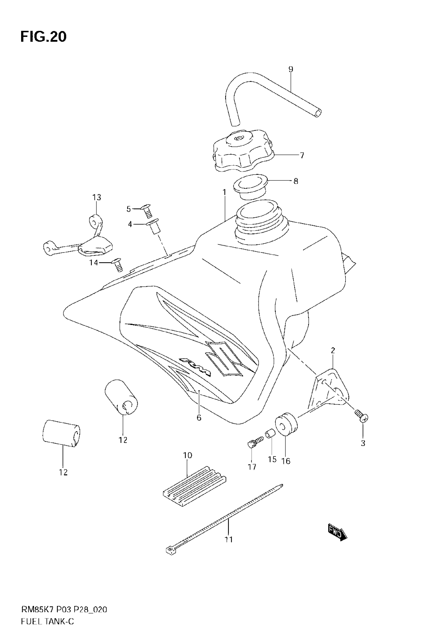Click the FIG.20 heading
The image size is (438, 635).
[43, 37]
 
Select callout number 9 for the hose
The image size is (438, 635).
[291, 69]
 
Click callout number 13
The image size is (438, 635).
[97, 197]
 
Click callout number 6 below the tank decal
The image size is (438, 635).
[199, 418]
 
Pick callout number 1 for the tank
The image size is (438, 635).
[224, 192]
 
